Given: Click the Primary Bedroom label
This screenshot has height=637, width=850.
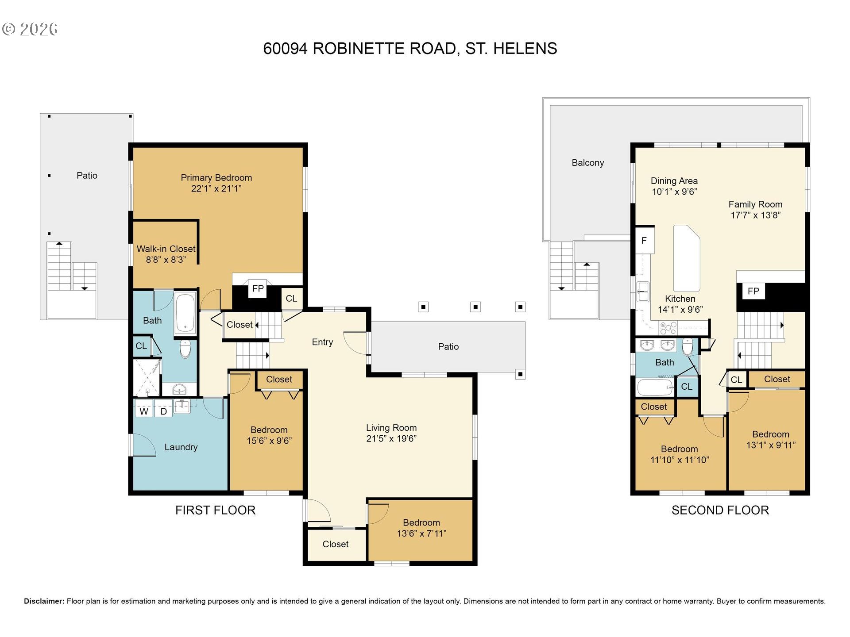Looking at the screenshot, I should [216, 178].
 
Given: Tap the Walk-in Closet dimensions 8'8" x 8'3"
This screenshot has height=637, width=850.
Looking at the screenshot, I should [166, 260].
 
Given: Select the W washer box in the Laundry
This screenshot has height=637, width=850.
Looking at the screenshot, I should [144, 411].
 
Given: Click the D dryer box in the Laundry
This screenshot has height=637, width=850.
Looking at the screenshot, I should [163, 411].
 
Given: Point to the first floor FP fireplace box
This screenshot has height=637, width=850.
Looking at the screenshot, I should [258, 289].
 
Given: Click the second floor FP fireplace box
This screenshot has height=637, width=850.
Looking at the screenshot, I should [753, 291].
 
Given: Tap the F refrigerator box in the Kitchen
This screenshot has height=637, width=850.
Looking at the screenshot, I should [644, 241].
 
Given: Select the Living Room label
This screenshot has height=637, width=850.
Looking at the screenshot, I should [391, 428].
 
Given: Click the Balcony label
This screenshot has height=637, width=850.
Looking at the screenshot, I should [587, 163].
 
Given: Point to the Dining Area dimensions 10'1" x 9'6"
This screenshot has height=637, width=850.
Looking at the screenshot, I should [674, 192].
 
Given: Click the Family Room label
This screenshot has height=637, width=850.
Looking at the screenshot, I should [755, 204].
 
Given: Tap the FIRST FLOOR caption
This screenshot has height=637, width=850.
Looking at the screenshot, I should [215, 510].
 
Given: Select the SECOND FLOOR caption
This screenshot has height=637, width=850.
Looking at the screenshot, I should [720, 510].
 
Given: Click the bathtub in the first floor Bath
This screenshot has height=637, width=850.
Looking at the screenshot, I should [185, 312].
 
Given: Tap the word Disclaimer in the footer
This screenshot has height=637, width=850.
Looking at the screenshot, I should [44, 601].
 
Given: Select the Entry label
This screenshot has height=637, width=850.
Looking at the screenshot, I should [322, 342].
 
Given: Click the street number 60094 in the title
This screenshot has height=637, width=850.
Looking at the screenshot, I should [285, 48].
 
